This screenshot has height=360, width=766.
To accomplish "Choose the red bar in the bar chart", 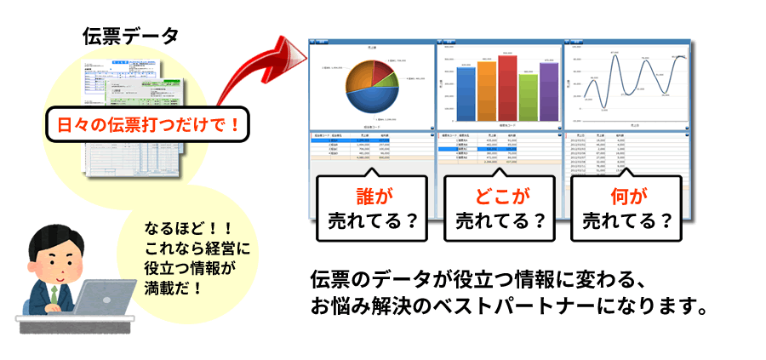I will click(x=508, y=89).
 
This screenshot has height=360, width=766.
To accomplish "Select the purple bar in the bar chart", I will click(x=549, y=92).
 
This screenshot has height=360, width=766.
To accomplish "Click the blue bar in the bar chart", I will click(x=466, y=94).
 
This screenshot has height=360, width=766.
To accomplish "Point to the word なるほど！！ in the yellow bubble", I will click(x=183, y=229).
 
